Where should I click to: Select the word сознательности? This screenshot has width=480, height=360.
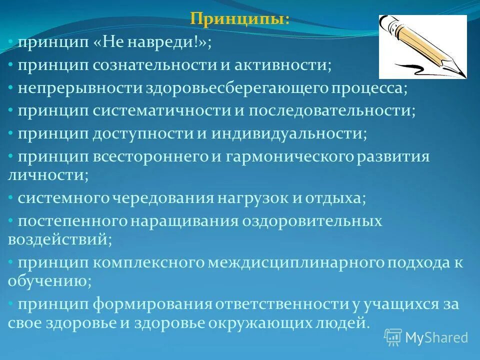[x=149, y=65]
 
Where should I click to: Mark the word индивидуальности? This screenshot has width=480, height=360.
[x=288, y=133]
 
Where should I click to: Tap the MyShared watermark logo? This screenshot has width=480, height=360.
[x=393, y=337]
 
